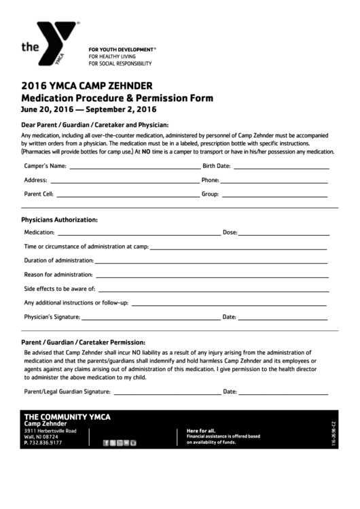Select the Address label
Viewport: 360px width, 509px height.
click(x=35, y=181)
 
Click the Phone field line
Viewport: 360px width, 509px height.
click(x=275, y=181)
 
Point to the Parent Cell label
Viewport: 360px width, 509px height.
click(x=39, y=194)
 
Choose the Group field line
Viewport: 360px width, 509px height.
click(x=276, y=195)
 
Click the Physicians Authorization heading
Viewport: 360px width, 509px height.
click(x=59, y=220)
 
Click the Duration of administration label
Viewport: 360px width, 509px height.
click(x=58, y=260)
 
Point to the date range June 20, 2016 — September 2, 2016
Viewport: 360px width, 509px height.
click(x=88, y=109)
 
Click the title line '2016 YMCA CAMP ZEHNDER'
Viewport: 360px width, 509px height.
click(x=86, y=86)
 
